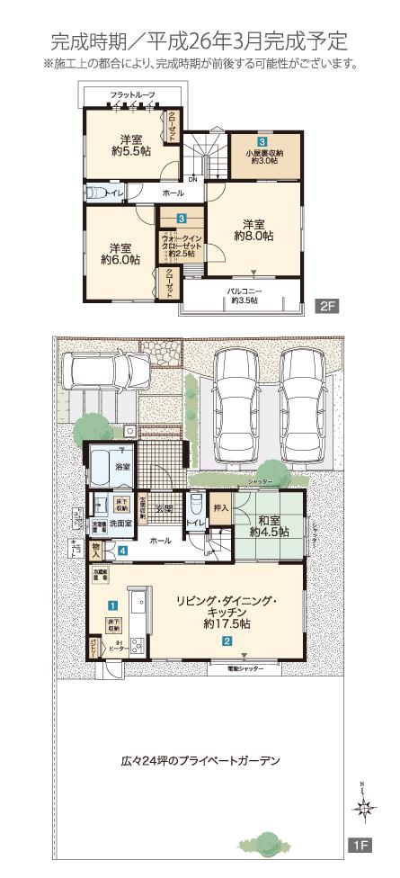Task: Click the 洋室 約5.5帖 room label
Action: click(132, 146)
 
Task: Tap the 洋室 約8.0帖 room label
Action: click(253, 229)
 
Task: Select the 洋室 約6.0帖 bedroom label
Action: click(120, 254)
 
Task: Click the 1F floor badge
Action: click(358, 846)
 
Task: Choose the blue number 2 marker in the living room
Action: click(227, 641)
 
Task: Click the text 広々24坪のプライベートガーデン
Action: click(200, 760)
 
